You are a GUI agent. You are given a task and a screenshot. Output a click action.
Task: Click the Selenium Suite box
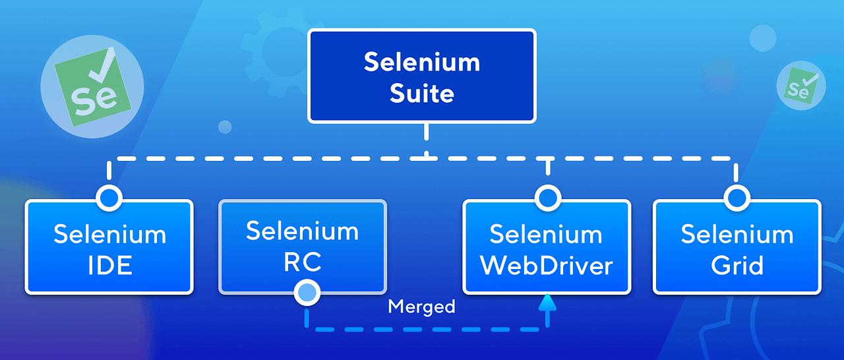pyautogui.click(x=422, y=76)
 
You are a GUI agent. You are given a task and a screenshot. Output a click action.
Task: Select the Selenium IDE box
pyautogui.click(x=109, y=247)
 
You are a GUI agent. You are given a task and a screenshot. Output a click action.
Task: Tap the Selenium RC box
pyautogui.click(x=303, y=246)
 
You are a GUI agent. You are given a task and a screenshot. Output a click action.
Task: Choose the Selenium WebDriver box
pyautogui.click(x=547, y=247)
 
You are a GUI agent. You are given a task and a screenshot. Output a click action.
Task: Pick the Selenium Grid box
pyautogui.click(x=737, y=247)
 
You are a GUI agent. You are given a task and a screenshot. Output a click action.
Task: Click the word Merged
pyautogui.click(x=421, y=307)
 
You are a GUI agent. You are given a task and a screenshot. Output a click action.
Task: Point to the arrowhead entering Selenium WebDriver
pyautogui.click(x=547, y=302)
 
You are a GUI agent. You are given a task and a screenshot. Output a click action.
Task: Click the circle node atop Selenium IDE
pyautogui.click(x=109, y=197)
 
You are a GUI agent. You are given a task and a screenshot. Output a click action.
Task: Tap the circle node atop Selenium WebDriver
pyautogui.click(x=547, y=197)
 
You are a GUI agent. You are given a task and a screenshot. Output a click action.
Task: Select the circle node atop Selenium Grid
pyautogui.click(x=736, y=197)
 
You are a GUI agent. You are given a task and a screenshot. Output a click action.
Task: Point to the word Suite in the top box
pyautogui.click(x=422, y=93)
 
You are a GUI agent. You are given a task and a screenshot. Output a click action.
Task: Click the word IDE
pyautogui.click(x=109, y=266)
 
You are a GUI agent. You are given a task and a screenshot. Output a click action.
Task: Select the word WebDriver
pyautogui.click(x=547, y=266)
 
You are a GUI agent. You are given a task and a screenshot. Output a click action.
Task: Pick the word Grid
pyautogui.click(x=737, y=266)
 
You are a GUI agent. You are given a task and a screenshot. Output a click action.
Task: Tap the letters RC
pyautogui.click(x=303, y=262)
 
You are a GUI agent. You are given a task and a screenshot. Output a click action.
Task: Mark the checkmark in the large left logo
pyautogui.click(x=104, y=63)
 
